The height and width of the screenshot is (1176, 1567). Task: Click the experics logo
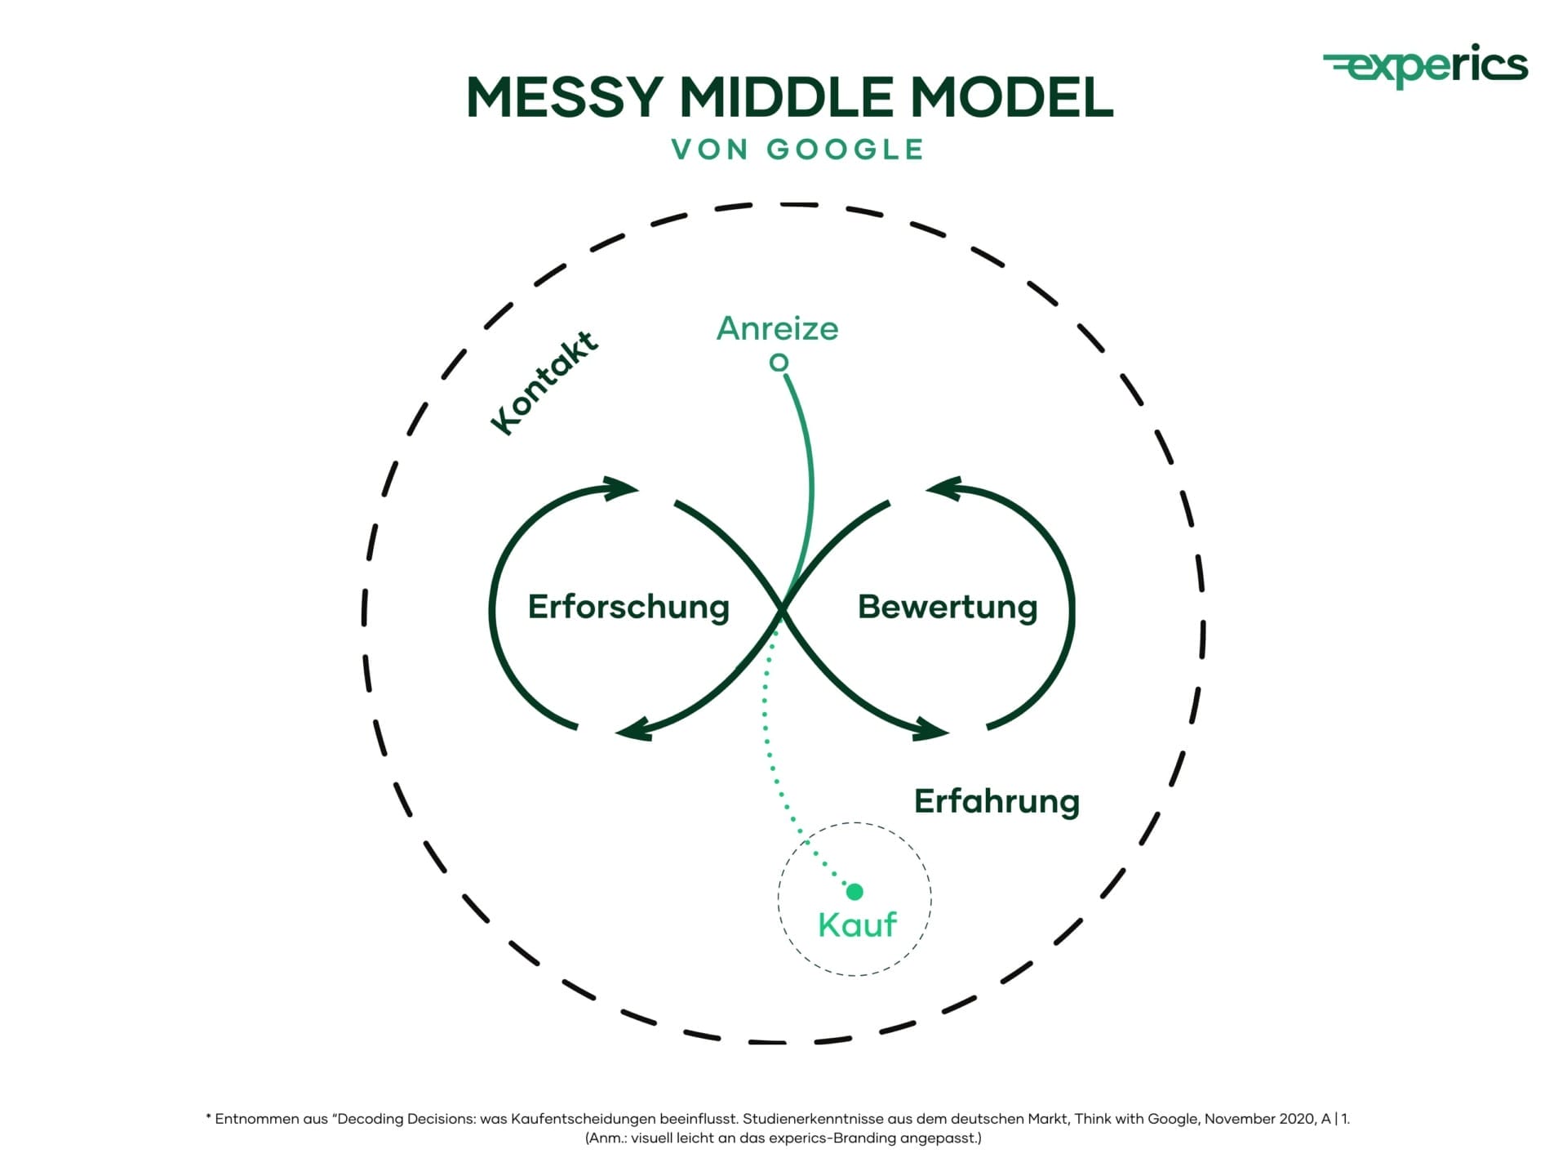pyautogui.click(x=1426, y=65)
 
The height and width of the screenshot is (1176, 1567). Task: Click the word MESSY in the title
pyautogui.click(x=564, y=97)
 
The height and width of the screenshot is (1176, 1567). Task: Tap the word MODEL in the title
pyautogui.click(x=1011, y=97)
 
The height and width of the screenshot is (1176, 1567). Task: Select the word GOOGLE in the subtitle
pyautogui.click(x=845, y=149)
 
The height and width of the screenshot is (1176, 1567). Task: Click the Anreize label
pyautogui.click(x=777, y=328)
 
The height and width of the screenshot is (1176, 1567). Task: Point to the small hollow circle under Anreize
pyautogui.click(x=779, y=362)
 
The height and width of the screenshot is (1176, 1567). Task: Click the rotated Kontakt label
pyautogui.click(x=544, y=382)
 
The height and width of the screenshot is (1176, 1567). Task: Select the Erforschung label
pyautogui.click(x=628, y=607)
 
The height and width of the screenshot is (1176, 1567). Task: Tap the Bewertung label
pyautogui.click(x=948, y=607)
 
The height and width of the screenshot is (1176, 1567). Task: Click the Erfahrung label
pyautogui.click(x=997, y=801)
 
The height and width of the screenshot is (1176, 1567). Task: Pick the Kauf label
pyautogui.click(x=857, y=924)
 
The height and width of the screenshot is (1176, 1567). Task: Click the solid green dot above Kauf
pyautogui.click(x=855, y=891)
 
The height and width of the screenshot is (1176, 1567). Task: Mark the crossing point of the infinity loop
pyautogui.click(x=782, y=608)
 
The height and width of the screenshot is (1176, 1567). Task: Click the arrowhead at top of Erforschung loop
pyautogui.click(x=622, y=489)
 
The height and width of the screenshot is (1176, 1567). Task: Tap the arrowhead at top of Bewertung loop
pyautogui.click(x=943, y=489)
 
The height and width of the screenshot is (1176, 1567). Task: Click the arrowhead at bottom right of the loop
pyautogui.click(x=931, y=729)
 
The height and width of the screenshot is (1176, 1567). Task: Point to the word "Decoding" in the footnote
pyautogui.click(x=371, y=1119)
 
